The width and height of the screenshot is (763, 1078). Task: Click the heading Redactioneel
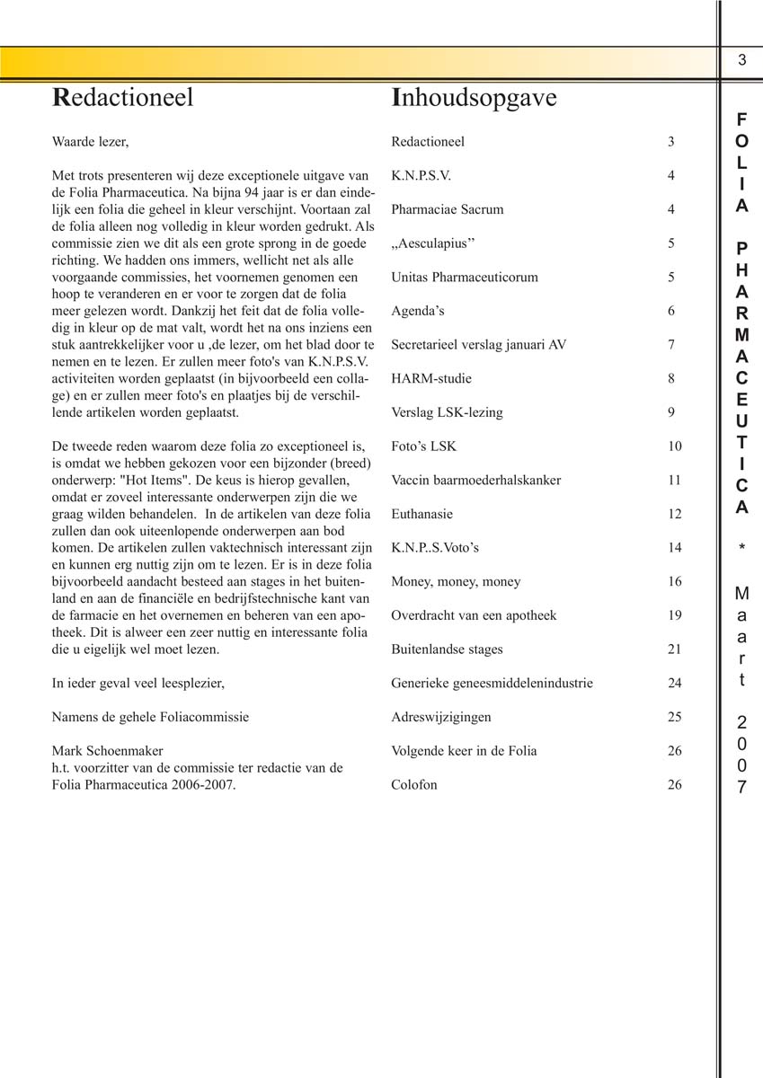(x=123, y=98)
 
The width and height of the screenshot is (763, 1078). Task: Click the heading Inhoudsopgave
(x=474, y=98)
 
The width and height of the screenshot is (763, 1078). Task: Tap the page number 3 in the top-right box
(x=741, y=61)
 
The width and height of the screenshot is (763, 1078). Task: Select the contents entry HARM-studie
(x=431, y=379)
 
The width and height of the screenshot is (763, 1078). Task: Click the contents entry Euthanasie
(x=422, y=515)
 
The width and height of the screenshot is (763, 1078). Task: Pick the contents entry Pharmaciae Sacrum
(x=448, y=210)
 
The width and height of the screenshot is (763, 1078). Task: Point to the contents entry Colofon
(x=414, y=785)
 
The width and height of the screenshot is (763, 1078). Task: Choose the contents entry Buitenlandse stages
(x=447, y=649)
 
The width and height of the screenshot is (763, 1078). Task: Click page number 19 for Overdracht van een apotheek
(x=675, y=615)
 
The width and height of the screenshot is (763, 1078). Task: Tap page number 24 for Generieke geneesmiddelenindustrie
(x=675, y=684)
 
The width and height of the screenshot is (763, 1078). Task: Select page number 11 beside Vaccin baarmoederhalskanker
(x=675, y=481)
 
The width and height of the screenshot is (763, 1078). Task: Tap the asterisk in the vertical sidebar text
(x=741, y=549)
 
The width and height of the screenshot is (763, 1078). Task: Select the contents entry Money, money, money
(x=456, y=582)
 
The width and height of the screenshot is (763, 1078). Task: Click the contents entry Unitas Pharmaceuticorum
(x=465, y=278)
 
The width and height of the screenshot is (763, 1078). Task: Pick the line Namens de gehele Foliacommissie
(x=150, y=717)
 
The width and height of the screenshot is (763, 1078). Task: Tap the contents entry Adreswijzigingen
(x=441, y=718)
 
